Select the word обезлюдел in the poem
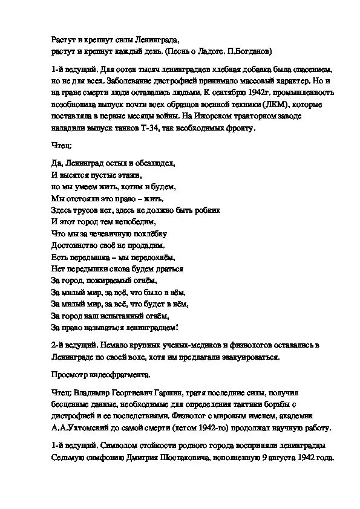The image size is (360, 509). click(x=156, y=163)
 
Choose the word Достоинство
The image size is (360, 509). click(x=76, y=245)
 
